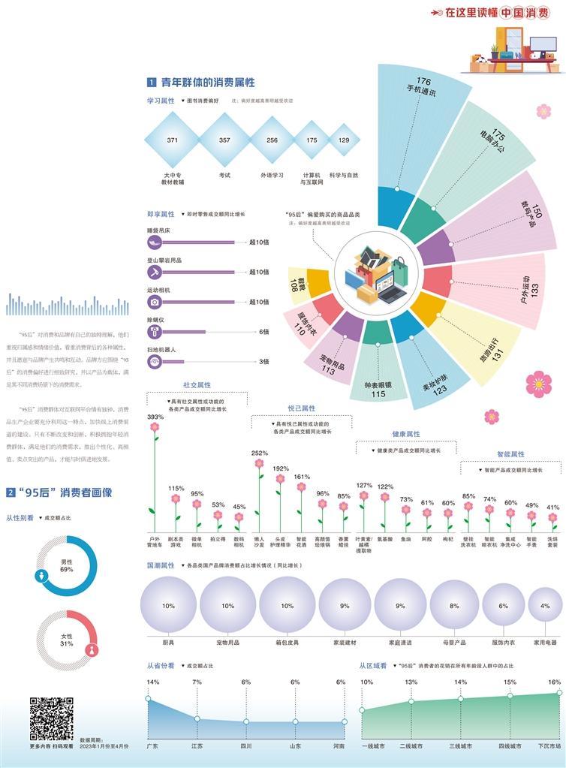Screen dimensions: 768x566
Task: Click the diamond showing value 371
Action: coord(173,140)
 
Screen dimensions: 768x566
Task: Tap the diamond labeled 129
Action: coord(344,140)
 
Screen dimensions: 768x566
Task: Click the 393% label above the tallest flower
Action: coord(155,417)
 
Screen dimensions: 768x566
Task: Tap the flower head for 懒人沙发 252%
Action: coord(259,463)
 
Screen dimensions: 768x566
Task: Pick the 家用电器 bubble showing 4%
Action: coord(545,605)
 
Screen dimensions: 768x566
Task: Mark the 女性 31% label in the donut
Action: coord(67,640)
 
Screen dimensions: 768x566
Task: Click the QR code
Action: coord(52,718)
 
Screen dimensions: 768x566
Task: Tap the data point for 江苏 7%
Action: coord(197,719)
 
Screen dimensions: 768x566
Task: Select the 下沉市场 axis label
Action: coord(549,746)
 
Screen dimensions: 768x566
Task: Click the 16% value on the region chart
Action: coord(554,682)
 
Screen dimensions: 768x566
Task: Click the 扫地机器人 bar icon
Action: coord(155,362)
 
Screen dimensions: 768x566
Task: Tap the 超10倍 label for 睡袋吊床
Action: coord(259,242)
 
